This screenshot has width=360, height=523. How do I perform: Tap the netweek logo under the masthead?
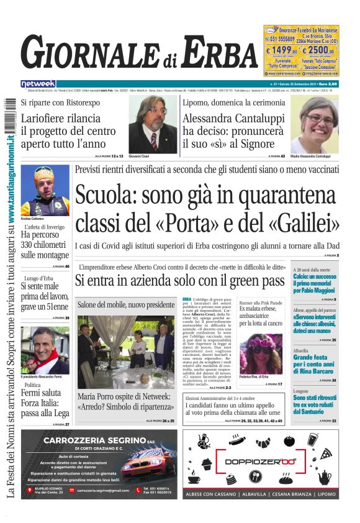coord(38,83)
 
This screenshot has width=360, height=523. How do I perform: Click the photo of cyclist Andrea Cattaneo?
coord(45,189)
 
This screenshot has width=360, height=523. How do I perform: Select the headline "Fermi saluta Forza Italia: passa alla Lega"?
coord(45,404)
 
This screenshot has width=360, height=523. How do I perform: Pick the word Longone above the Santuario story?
coord(301,391)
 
